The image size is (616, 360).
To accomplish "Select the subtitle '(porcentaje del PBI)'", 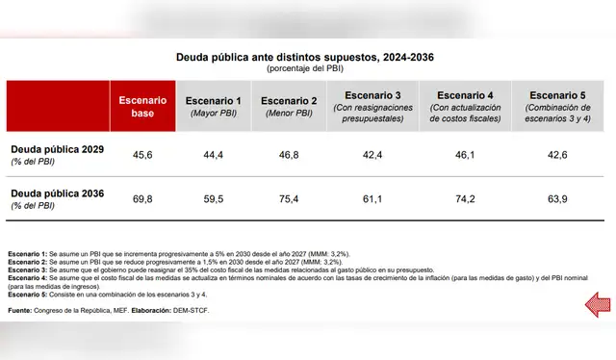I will point(304,69).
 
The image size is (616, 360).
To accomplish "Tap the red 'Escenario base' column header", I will point(142,106).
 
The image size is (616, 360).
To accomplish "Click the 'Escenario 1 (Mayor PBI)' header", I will point(213,106).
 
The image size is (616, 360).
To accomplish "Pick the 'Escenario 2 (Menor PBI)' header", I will point(290,106).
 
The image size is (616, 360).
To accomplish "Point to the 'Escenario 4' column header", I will point(465,106).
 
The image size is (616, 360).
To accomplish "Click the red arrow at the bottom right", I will point(597,305).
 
